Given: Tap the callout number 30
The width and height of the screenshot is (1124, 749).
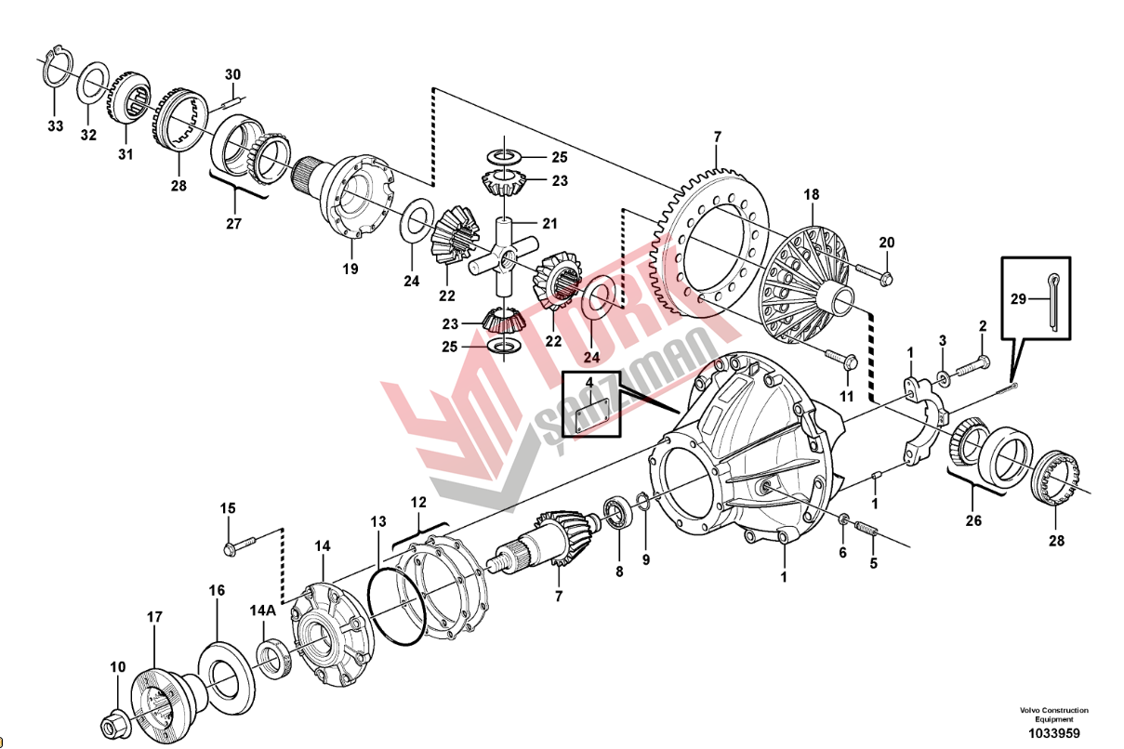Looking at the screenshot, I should [232, 74].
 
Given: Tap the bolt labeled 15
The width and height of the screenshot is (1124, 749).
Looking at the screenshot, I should [239, 545].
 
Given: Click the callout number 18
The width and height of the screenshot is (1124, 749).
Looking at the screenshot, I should [812, 194].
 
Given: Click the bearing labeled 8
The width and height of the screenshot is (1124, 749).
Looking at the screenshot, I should [616, 510].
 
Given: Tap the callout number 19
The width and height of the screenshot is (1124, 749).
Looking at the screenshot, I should [350, 270].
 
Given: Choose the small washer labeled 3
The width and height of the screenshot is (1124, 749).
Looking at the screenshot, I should [941, 377].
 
